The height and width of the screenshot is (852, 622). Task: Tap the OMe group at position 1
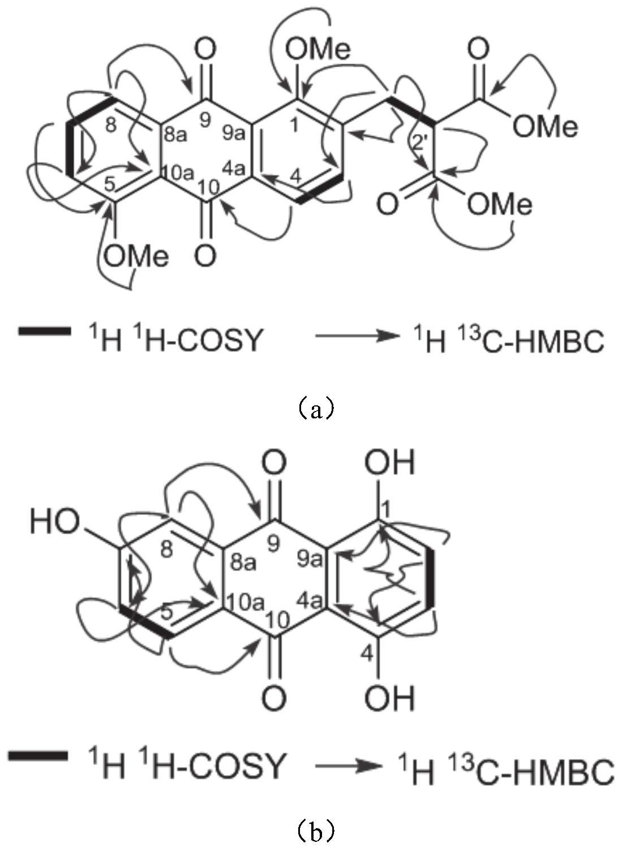[x=317, y=50]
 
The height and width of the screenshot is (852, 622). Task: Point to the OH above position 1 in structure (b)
[x=390, y=465]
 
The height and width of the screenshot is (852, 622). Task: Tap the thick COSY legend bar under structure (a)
[x=44, y=332]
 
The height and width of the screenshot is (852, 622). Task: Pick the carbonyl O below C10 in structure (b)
[x=273, y=697]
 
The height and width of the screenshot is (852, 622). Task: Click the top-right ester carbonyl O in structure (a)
[x=478, y=50]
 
